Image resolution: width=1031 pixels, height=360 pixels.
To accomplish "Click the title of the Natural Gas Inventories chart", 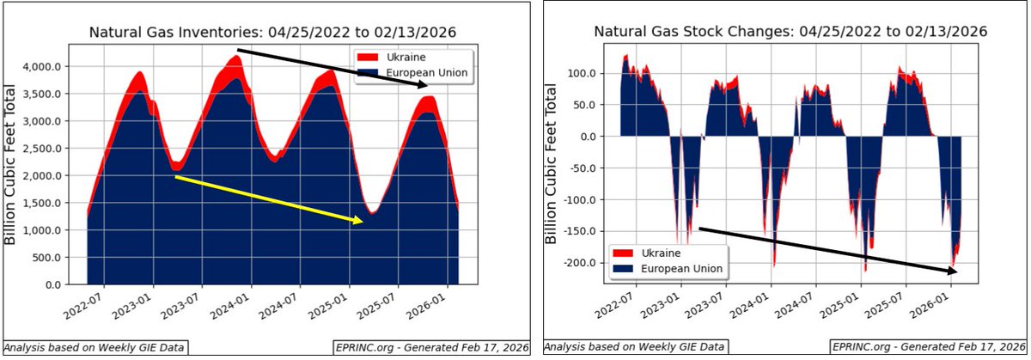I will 272,33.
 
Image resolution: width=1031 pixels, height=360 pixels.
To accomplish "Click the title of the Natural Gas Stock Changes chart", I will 790,32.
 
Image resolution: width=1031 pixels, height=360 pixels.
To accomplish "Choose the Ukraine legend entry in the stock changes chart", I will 662,253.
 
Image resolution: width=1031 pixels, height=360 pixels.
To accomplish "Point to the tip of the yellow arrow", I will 361,222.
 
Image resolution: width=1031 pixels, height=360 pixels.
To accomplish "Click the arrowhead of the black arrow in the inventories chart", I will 424,85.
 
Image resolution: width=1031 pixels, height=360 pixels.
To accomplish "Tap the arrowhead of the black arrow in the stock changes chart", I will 956,271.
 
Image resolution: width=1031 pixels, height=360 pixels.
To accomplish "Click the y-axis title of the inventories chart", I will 12,164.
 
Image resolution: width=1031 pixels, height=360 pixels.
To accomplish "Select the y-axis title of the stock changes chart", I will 552,164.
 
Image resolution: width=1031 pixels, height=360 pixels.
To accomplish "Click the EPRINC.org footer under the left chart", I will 430,347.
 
